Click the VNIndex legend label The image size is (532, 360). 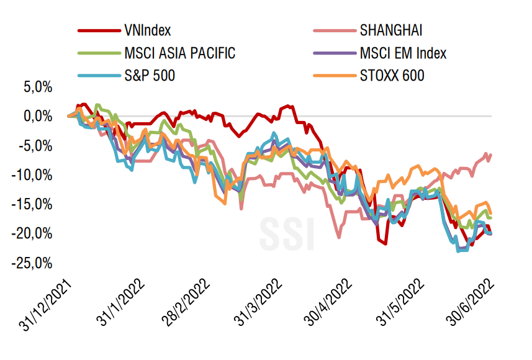[x=148, y=30]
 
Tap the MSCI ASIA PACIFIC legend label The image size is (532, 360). [x=180, y=53]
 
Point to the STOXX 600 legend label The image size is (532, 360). [x=393, y=76]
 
